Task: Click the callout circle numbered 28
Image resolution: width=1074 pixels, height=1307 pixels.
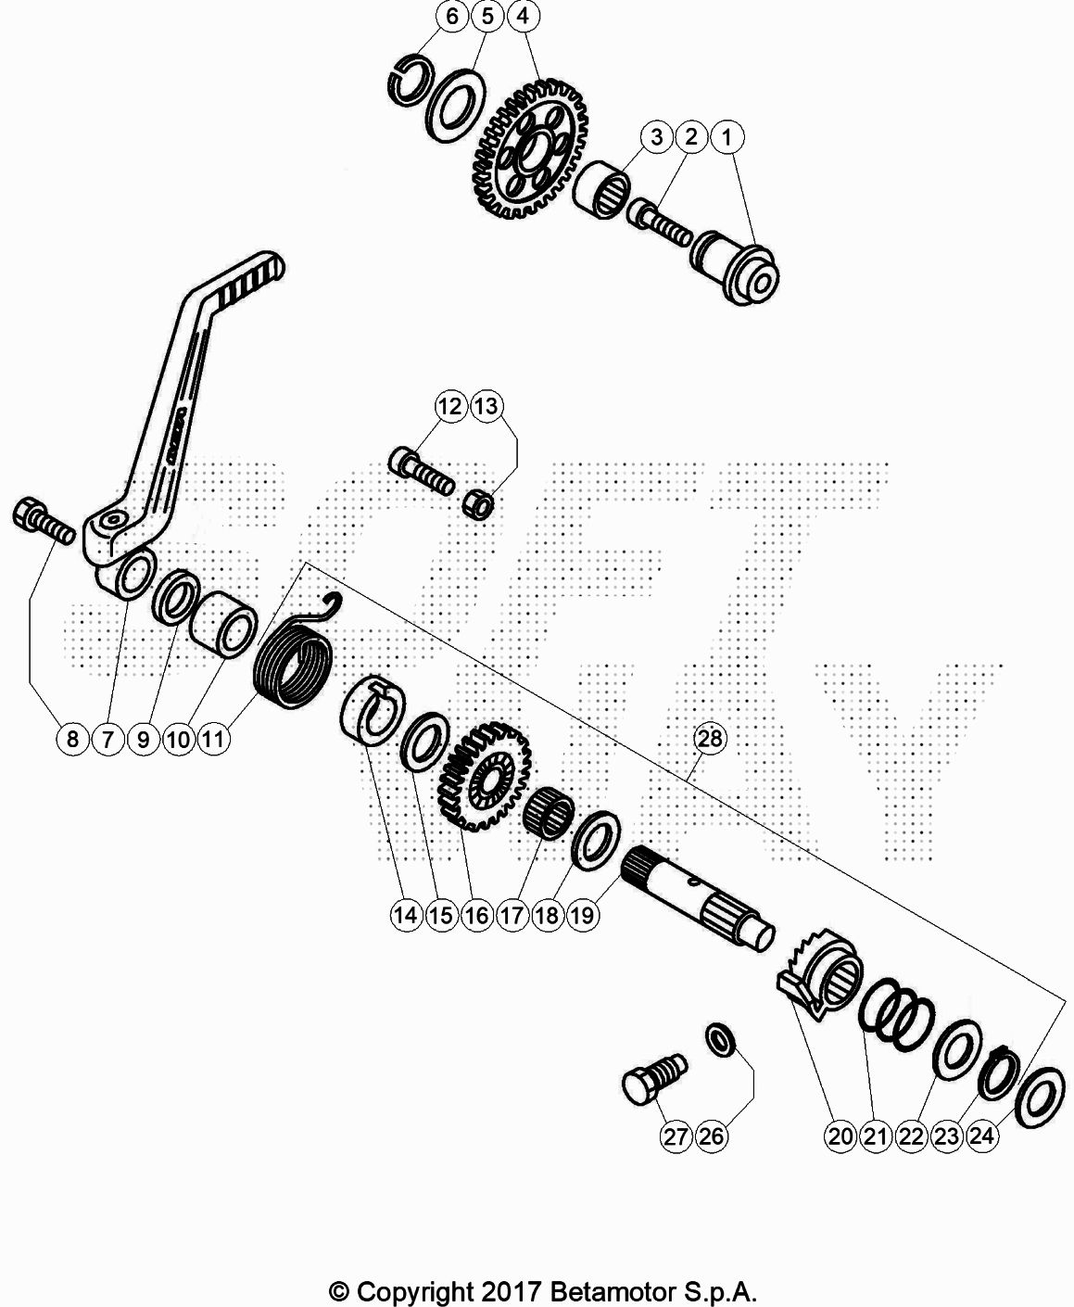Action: click(x=710, y=739)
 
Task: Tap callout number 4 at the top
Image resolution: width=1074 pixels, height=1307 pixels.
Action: click(x=523, y=16)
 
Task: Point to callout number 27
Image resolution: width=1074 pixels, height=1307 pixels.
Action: click(x=676, y=1136)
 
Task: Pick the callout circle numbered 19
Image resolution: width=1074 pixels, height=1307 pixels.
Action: click(x=582, y=915)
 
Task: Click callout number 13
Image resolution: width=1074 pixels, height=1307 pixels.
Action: click(x=486, y=407)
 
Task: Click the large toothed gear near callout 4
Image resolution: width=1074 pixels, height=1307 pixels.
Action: click(x=530, y=149)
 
